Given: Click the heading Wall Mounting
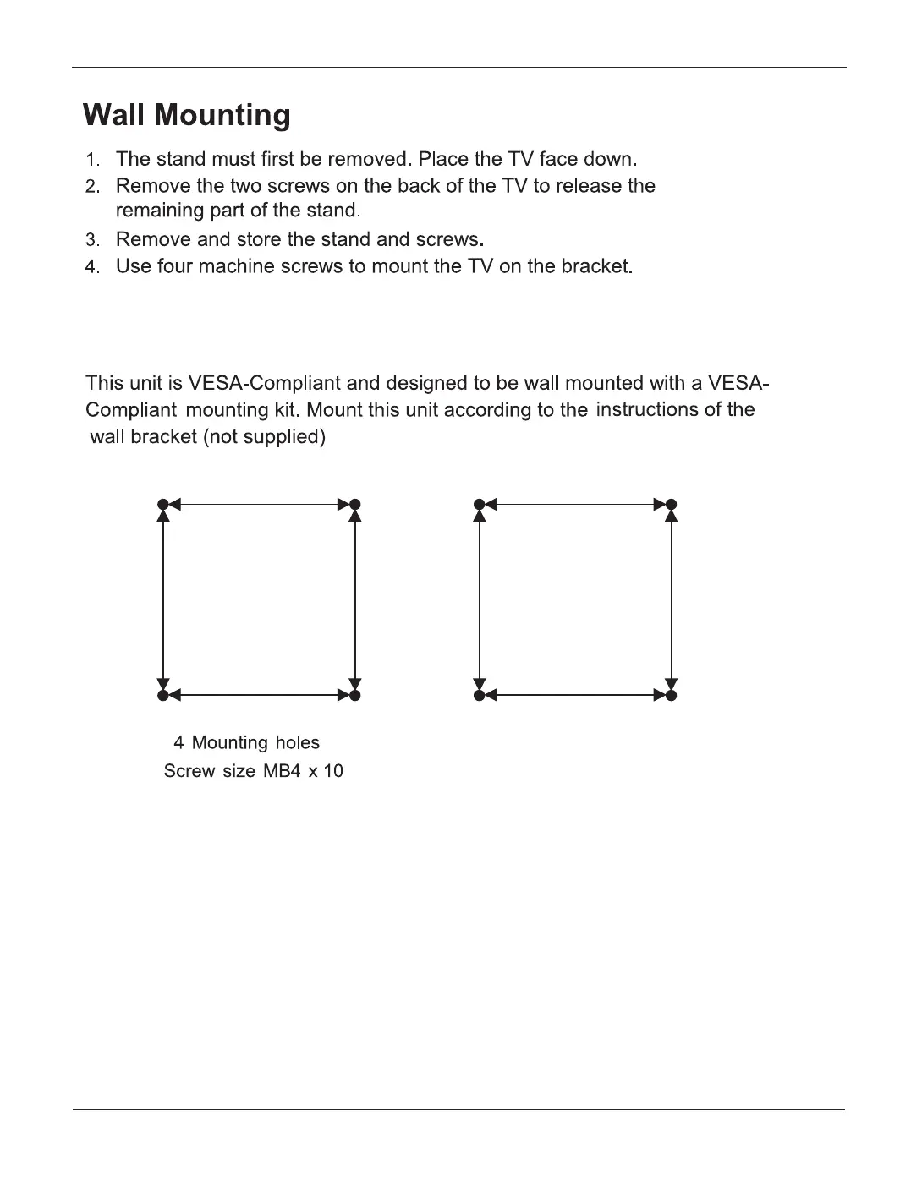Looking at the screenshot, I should tap(187, 115).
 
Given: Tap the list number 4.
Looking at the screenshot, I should tap(92, 267).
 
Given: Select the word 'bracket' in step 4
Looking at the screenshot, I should tap(596, 266).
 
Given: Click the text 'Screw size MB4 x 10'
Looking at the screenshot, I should tap(253, 771).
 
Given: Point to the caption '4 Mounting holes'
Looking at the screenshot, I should tap(246, 742).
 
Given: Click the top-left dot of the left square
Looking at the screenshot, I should tap(163, 505).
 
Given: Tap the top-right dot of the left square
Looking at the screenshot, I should tap(355, 505).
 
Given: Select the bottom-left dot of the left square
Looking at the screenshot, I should tap(163, 695).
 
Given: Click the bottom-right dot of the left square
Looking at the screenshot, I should tap(355, 695).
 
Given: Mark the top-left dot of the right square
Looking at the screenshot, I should tap(480, 505).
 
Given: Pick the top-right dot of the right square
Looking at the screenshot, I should tap(672, 505).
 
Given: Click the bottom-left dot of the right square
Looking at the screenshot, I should tap(480, 695).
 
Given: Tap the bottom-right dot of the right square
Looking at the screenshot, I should tap(672, 695).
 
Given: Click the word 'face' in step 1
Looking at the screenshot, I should tap(558, 159).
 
